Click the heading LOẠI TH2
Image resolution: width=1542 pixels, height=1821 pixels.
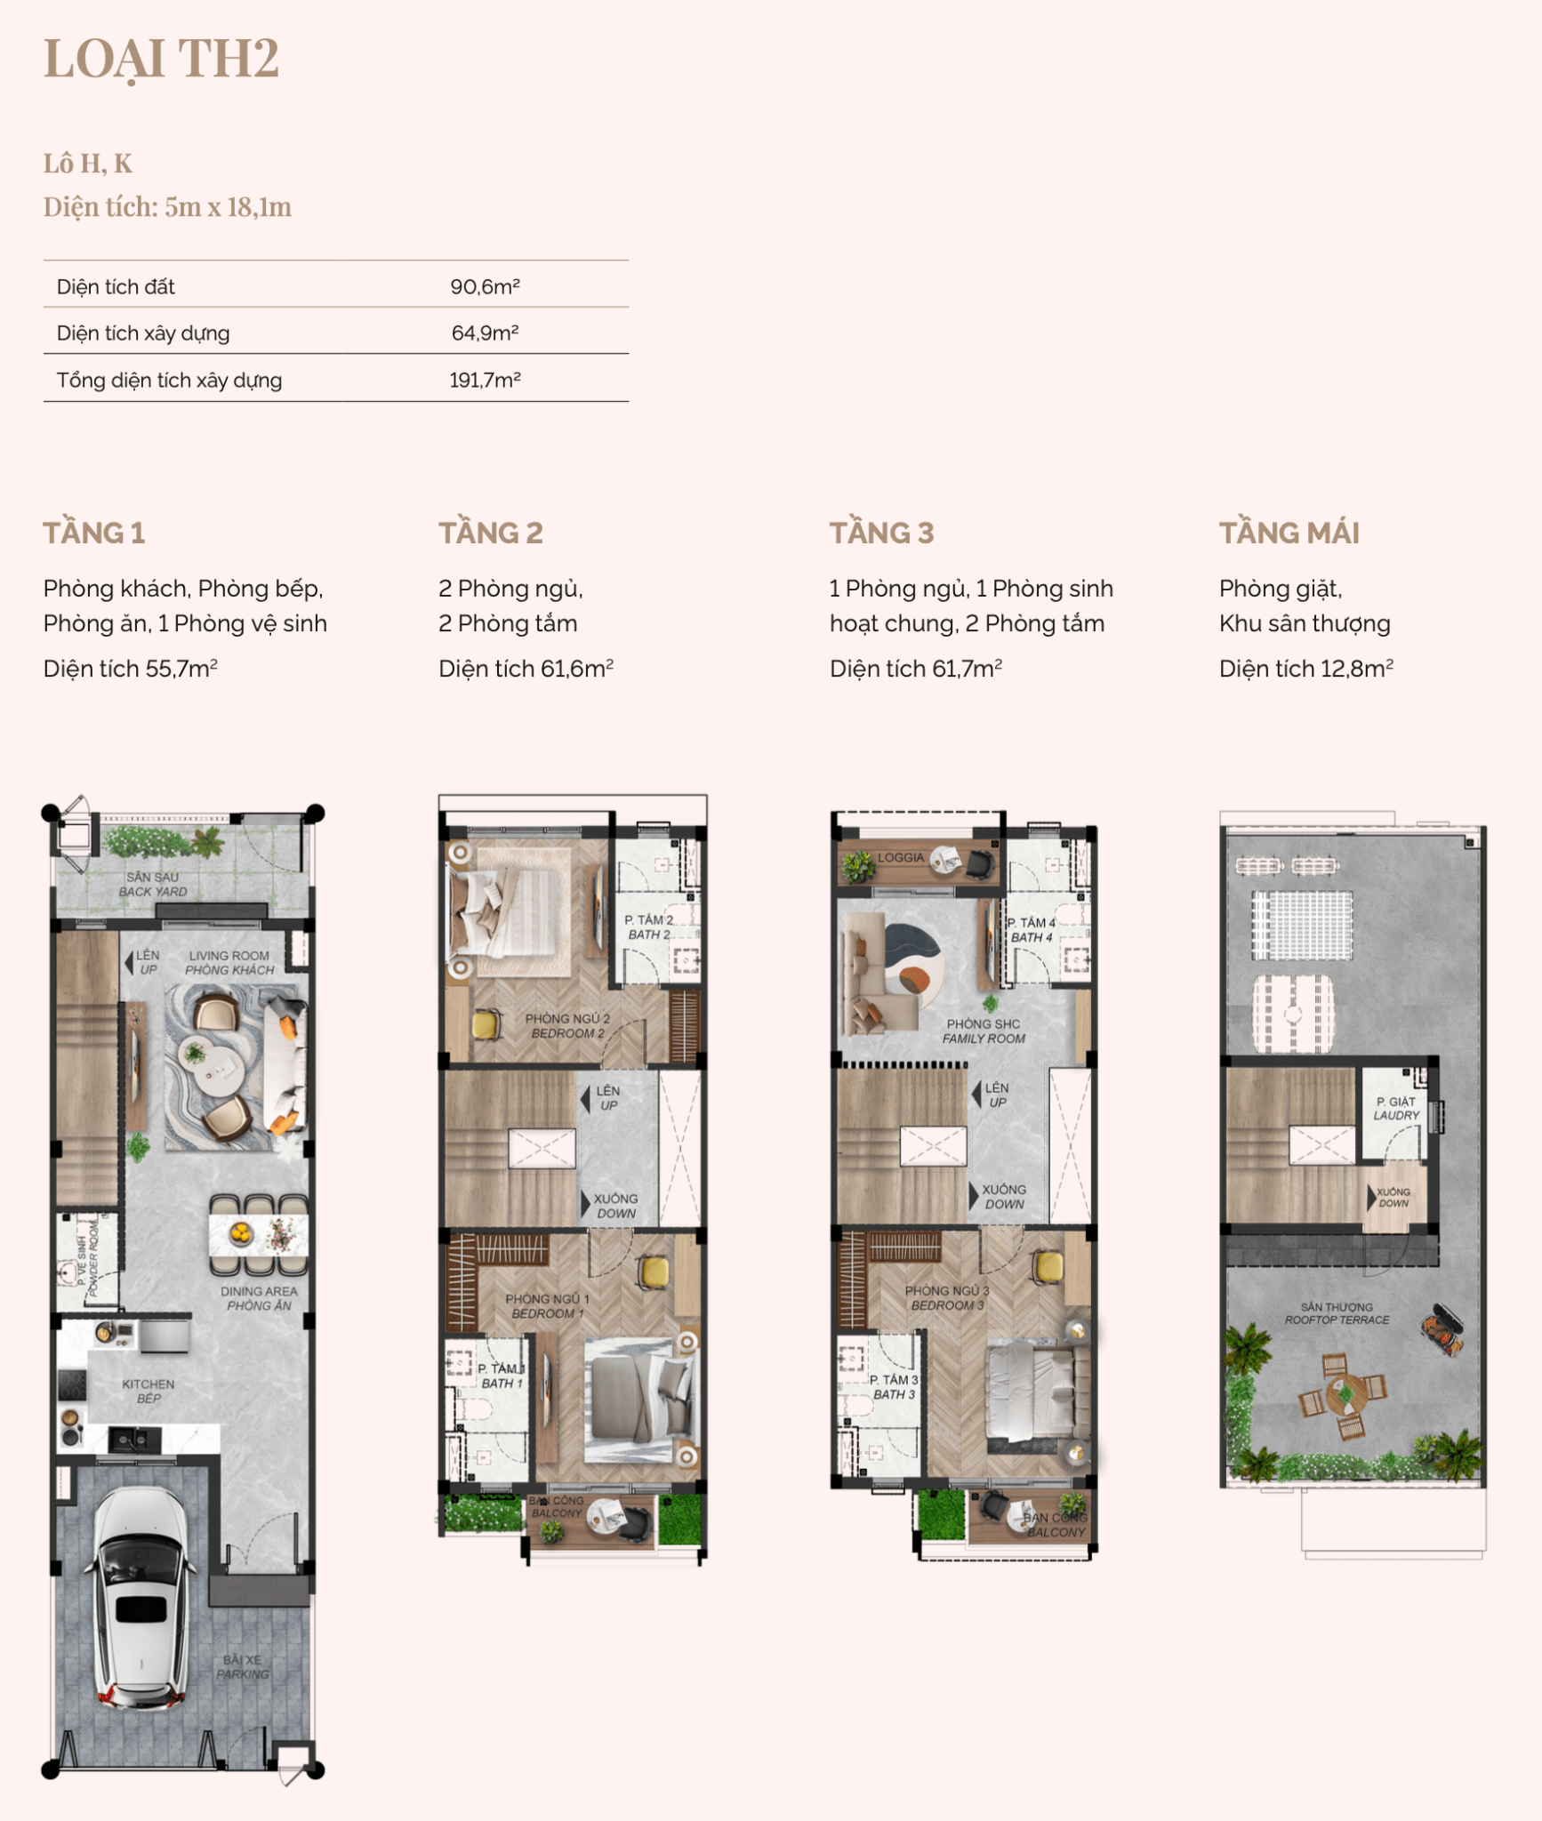click(x=161, y=59)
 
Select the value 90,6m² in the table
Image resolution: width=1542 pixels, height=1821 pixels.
click(x=485, y=286)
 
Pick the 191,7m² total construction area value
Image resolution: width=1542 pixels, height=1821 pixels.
click(x=485, y=380)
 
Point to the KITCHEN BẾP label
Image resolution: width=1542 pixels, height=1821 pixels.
click(x=149, y=1391)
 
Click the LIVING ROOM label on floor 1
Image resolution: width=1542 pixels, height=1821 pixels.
click(x=229, y=956)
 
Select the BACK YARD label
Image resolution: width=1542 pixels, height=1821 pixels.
click(x=153, y=892)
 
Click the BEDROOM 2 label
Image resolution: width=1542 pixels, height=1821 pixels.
click(x=567, y=1033)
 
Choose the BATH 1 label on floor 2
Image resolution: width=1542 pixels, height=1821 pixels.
click(x=502, y=1383)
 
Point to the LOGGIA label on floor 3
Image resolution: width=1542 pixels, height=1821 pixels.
click(x=901, y=857)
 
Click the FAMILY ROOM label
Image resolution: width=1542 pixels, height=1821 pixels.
click(x=984, y=1039)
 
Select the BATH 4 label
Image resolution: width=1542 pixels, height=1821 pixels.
click(x=1032, y=937)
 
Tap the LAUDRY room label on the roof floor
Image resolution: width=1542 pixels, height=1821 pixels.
click(x=1396, y=1115)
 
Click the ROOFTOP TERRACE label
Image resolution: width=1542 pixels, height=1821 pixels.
click(x=1337, y=1320)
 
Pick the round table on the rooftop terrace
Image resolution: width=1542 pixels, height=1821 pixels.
click(x=1345, y=1393)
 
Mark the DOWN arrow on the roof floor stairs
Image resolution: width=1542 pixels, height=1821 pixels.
click(x=1371, y=1197)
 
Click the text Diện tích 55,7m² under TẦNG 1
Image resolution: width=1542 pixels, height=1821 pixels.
click(x=131, y=668)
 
